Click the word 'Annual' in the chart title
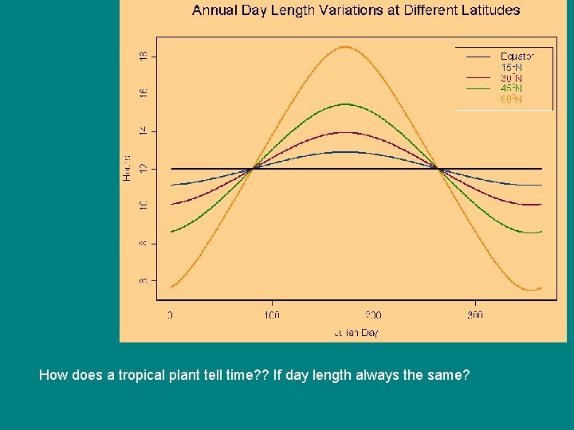[x=213, y=10]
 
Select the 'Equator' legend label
[x=517, y=56]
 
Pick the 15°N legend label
[x=511, y=67]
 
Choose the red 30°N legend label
[x=511, y=78]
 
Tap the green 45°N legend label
[x=511, y=88]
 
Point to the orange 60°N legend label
[x=511, y=100]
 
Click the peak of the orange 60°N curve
[x=344, y=46]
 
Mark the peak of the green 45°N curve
[x=344, y=104]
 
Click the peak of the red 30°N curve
[x=344, y=132]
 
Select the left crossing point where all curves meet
[x=252, y=169]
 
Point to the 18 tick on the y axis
[x=143, y=57]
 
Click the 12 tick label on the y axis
[x=143, y=169]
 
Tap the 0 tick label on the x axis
[x=170, y=315]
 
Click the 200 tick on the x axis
[x=373, y=315]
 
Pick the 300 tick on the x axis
[x=475, y=315]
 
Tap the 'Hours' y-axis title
[x=127, y=169]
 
